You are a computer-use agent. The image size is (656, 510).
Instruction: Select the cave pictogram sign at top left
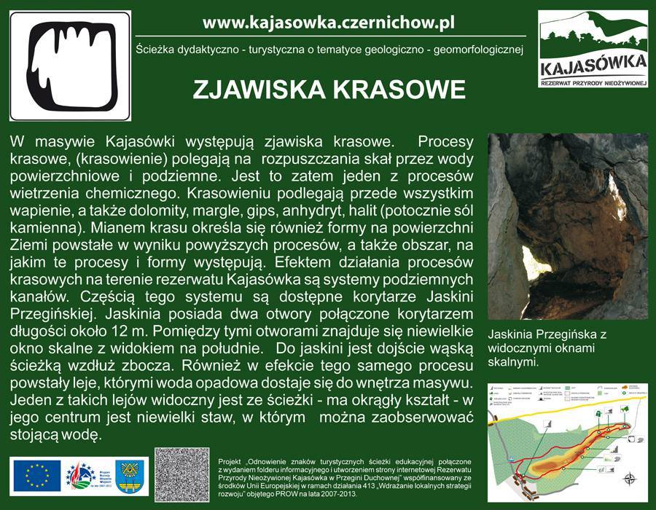click(x=70, y=66)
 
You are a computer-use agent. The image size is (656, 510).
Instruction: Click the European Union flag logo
click(x=36, y=475)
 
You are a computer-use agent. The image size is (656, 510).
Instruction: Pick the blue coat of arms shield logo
click(x=129, y=475)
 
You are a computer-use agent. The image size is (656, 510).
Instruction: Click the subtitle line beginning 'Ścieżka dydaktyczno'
click(x=329, y=50)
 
